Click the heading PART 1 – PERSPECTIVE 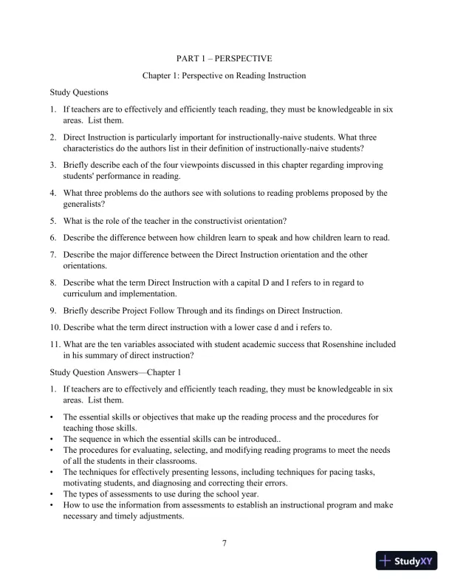[x=225, y=58]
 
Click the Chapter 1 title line [x=225, y=75]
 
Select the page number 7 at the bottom [x=224, y=544]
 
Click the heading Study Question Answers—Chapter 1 [x=115, y=372]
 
